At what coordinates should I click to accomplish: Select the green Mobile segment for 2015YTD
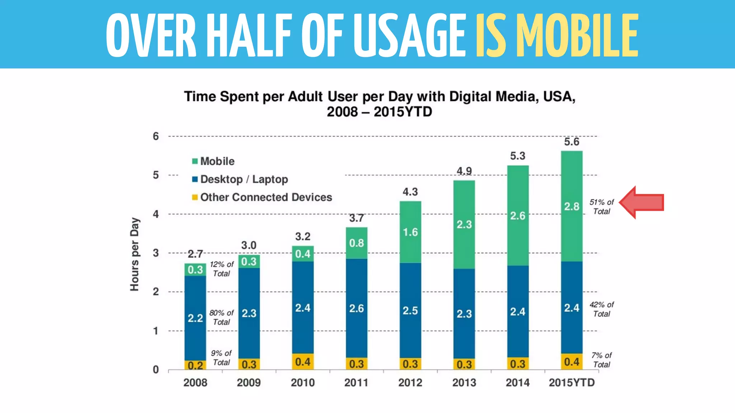(x=572, y=206)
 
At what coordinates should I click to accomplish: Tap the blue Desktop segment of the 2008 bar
(x=195, y=318)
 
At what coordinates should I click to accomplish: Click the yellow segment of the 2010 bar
(x=303, y=362)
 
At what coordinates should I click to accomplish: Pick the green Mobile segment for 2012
(x=410, y=232)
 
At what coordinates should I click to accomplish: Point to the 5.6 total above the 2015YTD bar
(x=571, y=142)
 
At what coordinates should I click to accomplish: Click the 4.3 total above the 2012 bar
(x=410, y=192)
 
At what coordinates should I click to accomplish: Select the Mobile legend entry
(x=214, y=161)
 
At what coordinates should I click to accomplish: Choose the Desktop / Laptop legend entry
(x=240, y=179)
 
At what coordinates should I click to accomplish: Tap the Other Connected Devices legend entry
(x=262, y=197)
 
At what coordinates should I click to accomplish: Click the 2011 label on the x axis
(x=356, y=383)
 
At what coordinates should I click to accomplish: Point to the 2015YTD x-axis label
(x=572, y=383)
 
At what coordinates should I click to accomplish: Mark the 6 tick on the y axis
(x=156, y=136)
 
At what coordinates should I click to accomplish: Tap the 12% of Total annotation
(x=221, y=269)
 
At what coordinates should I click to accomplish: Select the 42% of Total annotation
(x=601, y=309)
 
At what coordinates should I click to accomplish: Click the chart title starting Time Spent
(x=379, y=104)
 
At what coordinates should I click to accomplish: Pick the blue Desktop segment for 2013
(x=464, y=314)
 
